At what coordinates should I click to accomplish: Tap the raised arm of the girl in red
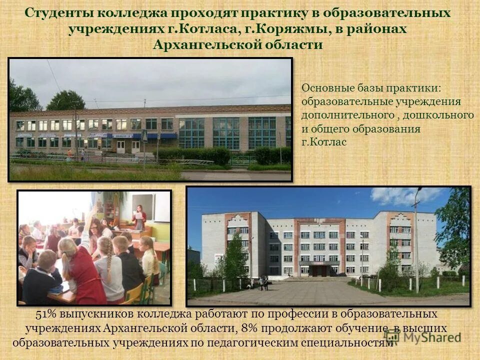point(90,220)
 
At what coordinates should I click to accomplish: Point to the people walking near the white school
point(263,283)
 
